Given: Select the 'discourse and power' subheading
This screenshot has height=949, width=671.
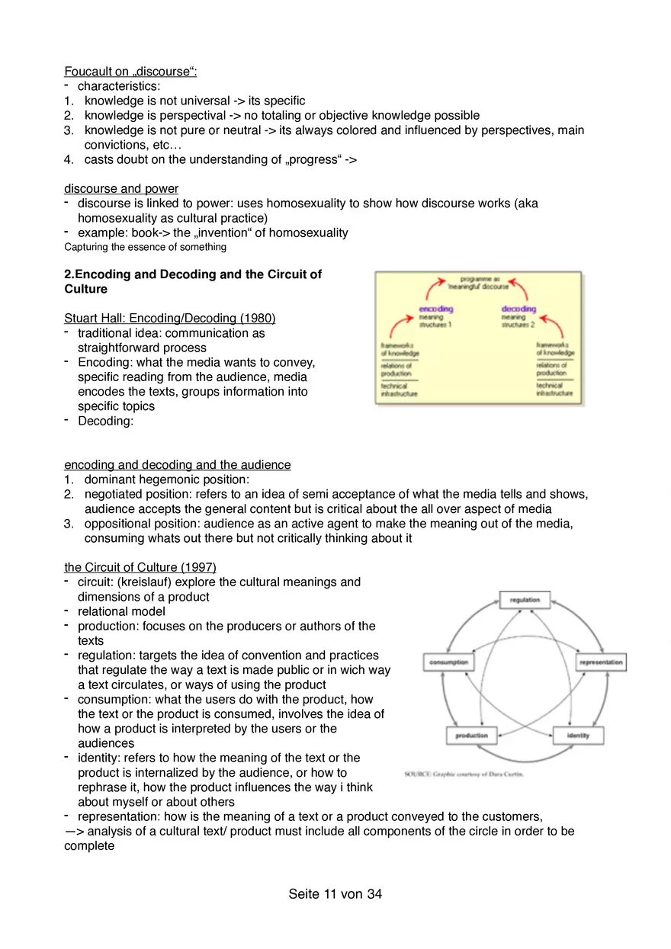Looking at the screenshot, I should pyautogui.click(x=121, y=188).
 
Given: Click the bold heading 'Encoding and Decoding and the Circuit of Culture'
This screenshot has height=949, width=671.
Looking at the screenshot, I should pyautogui.click(x=193, y=281).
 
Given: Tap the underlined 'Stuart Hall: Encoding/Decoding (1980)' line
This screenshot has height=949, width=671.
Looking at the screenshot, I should pyautogui.click(x=169, y=318).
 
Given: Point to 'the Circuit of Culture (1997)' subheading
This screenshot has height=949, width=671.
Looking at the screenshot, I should pyautogui.click(x=140, y=567).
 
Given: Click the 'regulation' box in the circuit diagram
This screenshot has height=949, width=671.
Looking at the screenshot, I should pyautogui.click(x=525, y=600).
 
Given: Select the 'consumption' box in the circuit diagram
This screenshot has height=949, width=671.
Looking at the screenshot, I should pyautogui.click(x=449, y=662).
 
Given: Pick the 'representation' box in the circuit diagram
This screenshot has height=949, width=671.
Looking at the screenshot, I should pyautogui.click(x=601, y=662).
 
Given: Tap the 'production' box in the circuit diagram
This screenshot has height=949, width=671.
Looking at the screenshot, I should pyautogui.click(x=471, y=736).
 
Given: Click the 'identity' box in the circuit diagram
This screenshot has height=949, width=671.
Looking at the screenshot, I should pyautogui.click(x=577, y=736).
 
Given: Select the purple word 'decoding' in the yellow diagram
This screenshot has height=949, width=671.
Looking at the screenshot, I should pyautogui.click(x=518, y=309).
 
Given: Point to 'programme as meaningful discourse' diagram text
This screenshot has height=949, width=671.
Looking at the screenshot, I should pyautogui.click(x=479, y=283).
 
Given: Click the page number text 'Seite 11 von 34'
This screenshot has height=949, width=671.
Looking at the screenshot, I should pyautogui.click(x=335, y=894).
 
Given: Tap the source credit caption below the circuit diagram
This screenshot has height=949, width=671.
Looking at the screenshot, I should pyautogui.click(x=464, y=774).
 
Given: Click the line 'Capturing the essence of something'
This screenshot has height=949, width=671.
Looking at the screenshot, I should pyautogui.click(x=145, y=247).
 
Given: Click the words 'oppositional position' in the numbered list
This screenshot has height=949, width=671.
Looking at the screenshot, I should pyautogui.click(x=137, y=524).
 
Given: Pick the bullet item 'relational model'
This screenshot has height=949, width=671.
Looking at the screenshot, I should pyautogui.click(x=121, y=611).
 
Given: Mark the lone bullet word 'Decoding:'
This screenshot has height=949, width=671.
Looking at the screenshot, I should pyautogui.click(x=105, y=421).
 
